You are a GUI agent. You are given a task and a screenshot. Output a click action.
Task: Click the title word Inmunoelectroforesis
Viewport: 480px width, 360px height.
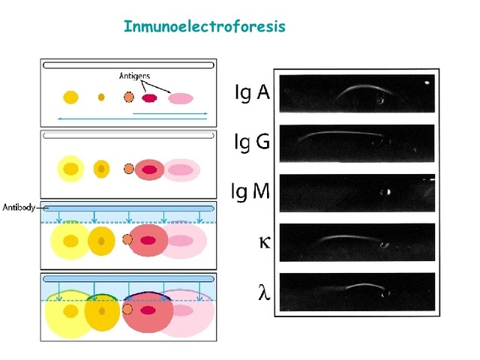[x=204, y=27]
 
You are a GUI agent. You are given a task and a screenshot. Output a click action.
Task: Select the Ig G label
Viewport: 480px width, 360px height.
[x=251, y=142]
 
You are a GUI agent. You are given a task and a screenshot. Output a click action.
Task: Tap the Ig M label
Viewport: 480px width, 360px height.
[x=251, y=192]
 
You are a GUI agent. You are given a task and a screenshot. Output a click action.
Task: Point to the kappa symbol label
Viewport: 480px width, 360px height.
[x=262, y=241]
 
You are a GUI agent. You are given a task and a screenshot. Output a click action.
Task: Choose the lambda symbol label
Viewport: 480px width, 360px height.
[x=262, y=292]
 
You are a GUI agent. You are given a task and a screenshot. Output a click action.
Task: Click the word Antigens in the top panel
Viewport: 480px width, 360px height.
[x=136, y=76]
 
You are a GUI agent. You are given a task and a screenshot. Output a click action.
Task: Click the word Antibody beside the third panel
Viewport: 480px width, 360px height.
[x=19, y=207]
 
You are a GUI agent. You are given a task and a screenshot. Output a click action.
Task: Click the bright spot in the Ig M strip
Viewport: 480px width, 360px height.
[x=388, y=192]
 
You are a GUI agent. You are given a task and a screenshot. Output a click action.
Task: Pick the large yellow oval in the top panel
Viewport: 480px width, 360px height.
[x=70, y=97]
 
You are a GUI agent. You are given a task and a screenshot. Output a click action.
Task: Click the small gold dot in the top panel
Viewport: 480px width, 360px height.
[x=101, y=97]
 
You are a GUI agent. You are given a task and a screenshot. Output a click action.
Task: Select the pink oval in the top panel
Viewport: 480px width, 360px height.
[x=180, y=97]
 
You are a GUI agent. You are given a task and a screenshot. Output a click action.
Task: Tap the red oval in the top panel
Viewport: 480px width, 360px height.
[x=149, y=97]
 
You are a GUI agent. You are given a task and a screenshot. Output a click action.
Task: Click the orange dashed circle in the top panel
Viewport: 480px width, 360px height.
[x=129, y=97]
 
